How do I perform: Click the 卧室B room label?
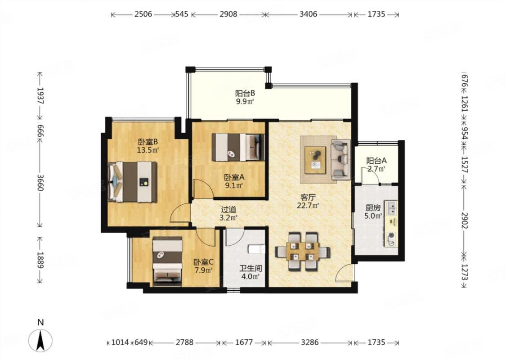[x=148, y=142]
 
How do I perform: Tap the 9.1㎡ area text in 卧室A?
[x=234, y=185]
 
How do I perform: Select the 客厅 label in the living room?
[x=308, y=197]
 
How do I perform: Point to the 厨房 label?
[x=373, y=207]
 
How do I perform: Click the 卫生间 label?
[x=251, y=268]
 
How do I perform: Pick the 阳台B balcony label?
[x=245, y=93]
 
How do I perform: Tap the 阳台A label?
[x=376, y=161]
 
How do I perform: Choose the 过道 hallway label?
[x=228, y=210]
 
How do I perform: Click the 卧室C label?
[x=203, y=262]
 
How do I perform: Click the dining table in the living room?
[x=302, y=251]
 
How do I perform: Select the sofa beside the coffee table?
[x=340, y=159]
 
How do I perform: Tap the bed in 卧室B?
[x=132, y=182]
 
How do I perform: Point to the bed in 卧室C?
[x=167, y=261]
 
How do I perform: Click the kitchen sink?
[x=392, y=208]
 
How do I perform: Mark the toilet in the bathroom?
[x=256, y=249]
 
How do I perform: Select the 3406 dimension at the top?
[x=308, y=14]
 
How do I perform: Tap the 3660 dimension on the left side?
[x=40, y=183]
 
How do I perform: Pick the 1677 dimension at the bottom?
[x=244, y=342]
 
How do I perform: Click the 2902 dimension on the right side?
[x=464, y=220]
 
